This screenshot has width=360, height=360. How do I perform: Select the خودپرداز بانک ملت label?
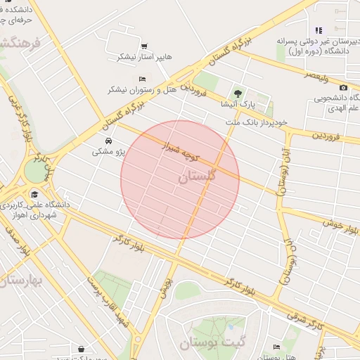[257, 122]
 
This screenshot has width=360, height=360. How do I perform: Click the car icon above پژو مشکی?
[108, 141]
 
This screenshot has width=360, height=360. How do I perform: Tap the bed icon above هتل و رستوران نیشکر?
[143, 79]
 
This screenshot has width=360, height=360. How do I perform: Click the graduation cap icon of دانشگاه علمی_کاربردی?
[34, 195]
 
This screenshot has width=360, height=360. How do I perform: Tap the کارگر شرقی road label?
[326, 324]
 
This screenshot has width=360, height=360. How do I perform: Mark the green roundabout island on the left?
[33, 170]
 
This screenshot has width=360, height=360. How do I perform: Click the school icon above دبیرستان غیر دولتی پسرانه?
[319, 30]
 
